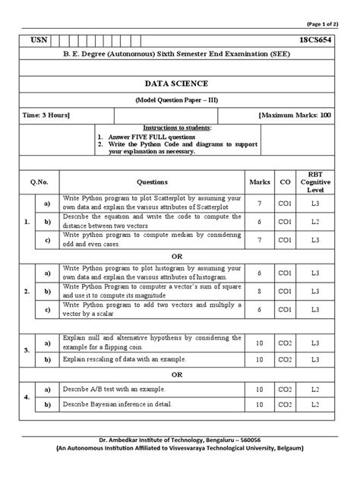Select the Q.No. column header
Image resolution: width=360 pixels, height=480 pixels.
click(x=39, y=182)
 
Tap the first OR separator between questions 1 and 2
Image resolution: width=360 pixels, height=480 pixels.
click(x=179, y=255)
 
